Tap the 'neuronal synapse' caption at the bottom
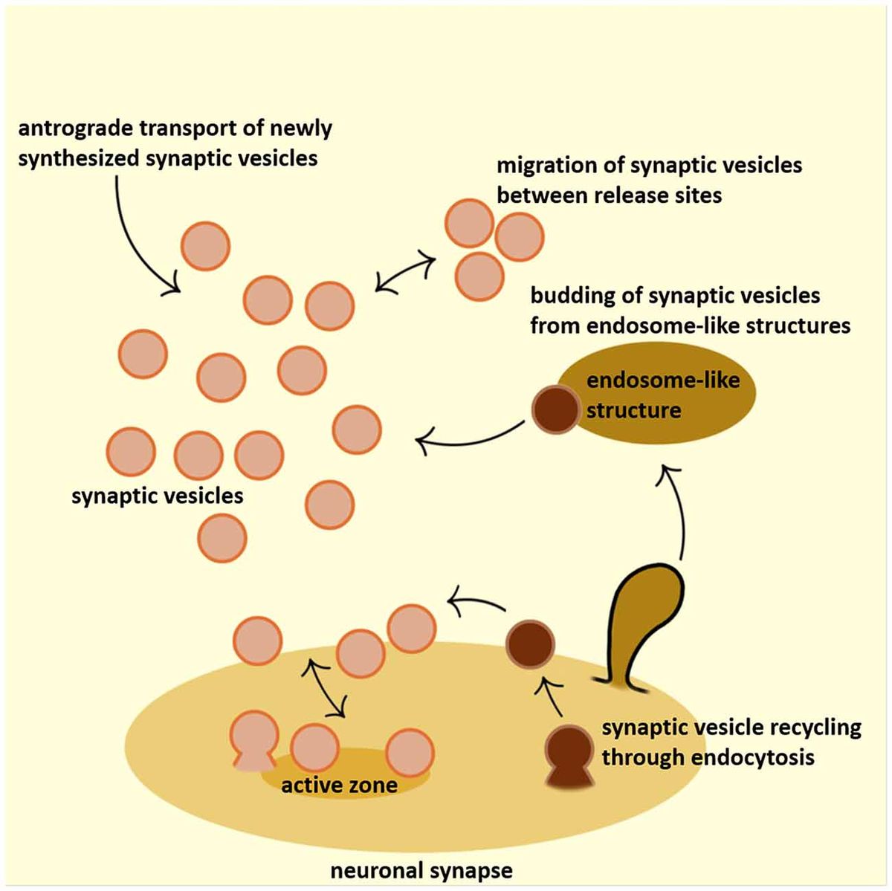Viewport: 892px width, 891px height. pyautogui.click(x=421, y=870)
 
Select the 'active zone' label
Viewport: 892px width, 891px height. pyautogui.click(x=339, y=785)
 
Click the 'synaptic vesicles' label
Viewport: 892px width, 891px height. pyautogui.click(x=158, y=496)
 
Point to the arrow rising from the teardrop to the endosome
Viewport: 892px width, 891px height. pyautogui.click(x=679, y=513)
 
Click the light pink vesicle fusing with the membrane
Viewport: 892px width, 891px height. pyautogui.click(x=254, y=737)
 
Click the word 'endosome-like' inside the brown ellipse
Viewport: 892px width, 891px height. pyautogui.click(x=662, y=380)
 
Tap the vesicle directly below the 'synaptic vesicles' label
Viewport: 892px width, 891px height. pyautogui.click(x=222, y=537)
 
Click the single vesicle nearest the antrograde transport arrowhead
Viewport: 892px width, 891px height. pyautogui.click(x=206, y=246)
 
